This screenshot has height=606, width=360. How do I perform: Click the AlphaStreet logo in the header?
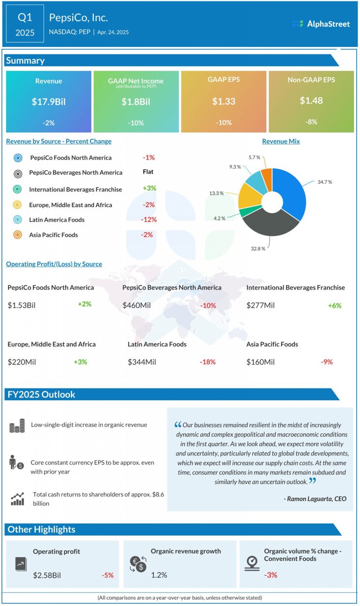pos(321,24)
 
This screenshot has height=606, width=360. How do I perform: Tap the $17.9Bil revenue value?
pos(48,101)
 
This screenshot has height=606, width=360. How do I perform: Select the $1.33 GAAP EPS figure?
pos(223,101)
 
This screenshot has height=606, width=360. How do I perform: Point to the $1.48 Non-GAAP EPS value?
pos(311,100)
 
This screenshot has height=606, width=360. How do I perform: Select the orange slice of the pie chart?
pos(267,177)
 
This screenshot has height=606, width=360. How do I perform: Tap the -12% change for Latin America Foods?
pos(149,219)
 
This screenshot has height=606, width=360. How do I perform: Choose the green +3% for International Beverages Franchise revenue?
pos(149,188)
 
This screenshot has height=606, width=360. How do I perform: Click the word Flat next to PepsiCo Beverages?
pos(148,172)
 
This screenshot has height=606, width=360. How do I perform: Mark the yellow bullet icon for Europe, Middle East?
pos(18,205)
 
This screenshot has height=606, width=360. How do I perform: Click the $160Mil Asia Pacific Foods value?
pos(261,362)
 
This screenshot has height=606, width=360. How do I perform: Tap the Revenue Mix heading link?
pos(281,141)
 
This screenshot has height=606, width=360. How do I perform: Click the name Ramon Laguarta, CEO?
pos(315,499)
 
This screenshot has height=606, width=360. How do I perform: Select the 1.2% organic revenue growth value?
pos(159,575)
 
